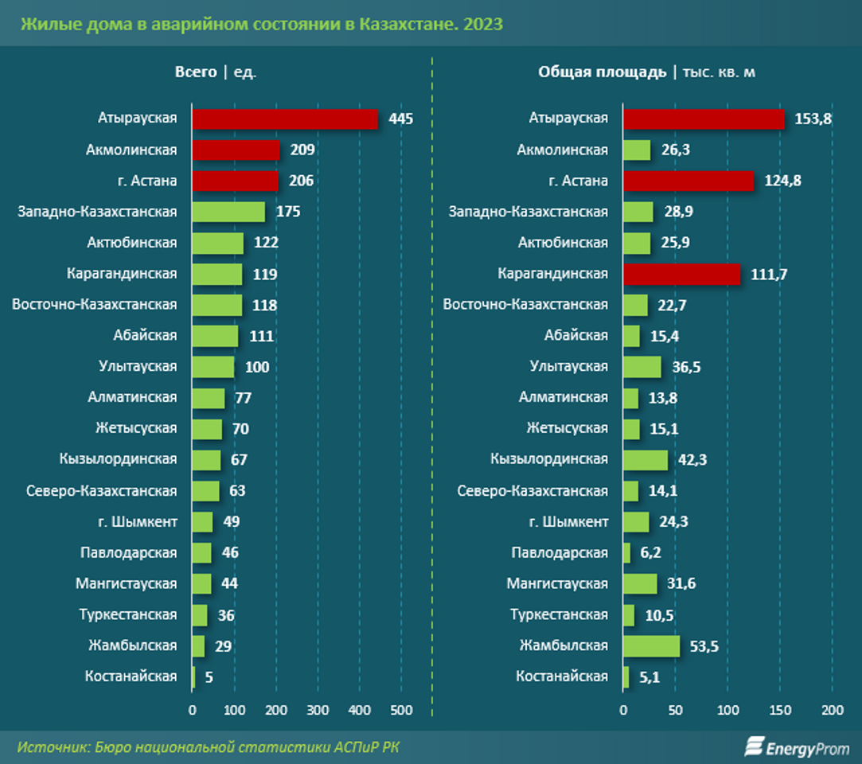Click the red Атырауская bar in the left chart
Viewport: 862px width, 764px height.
[x=284, y=119]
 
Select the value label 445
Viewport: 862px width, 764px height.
[x=401, y=119]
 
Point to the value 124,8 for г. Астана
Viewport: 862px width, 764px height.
[x=782, y=181]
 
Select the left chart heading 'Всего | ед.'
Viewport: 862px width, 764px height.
[x=216, y=72]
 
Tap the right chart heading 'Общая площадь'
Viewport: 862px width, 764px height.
[x=603, y=72]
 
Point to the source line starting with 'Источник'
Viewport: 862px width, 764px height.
[x=209, y=747]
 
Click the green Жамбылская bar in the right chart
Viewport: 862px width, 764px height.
[x=651, y=645]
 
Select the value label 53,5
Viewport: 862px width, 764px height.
[x=704, y=646]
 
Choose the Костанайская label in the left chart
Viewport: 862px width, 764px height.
[x=131, y=676]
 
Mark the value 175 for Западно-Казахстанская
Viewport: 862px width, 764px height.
[x=287, y=212]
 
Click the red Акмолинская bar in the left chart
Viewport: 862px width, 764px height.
[x=236, y=150]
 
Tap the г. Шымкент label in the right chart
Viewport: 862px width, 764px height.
[x=568, y=522]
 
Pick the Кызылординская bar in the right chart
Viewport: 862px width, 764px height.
[x=646, y=459]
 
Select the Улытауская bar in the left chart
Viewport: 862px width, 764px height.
[x=213, y=367]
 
